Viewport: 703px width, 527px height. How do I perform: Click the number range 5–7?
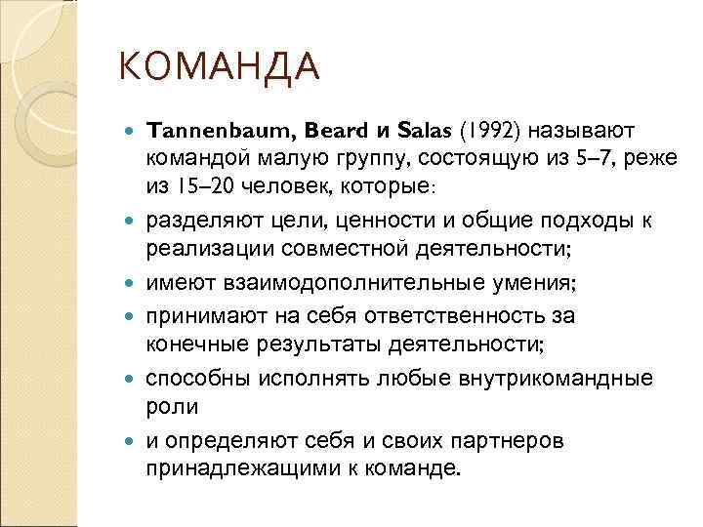click(575, 157)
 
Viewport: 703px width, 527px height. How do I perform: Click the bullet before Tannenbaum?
click(132, 131)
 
